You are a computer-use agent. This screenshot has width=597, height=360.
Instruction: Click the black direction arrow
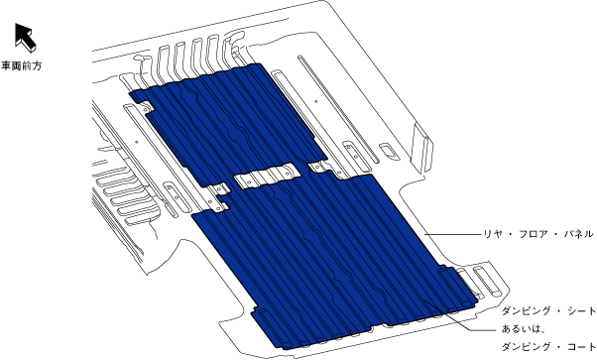pos(25,37)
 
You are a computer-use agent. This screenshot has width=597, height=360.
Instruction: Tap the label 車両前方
pos(22,65)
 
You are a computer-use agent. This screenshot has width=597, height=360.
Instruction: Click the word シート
pos(581,310)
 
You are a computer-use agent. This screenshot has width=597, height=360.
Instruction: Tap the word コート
pos(581,346)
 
